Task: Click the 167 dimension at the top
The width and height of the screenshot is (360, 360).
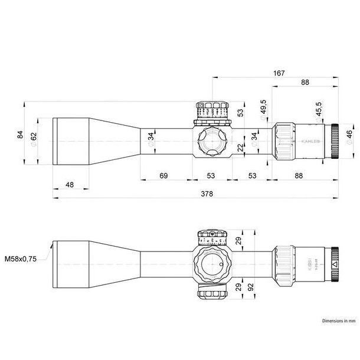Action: pos(279,73)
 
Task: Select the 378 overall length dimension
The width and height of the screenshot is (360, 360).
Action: pos(207,194)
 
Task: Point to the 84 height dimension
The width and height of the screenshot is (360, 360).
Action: pos(21,136)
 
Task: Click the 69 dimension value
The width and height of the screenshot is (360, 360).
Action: pos(164,175)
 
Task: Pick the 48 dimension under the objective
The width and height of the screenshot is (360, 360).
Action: pos(70,185)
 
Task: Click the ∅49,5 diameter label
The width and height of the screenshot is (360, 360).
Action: pos(262,110)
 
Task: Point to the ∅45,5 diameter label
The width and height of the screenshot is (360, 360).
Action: pos(319,110)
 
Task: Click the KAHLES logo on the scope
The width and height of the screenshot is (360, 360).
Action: pos(311,142)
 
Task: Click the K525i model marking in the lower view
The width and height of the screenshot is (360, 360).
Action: pos(310,258)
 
